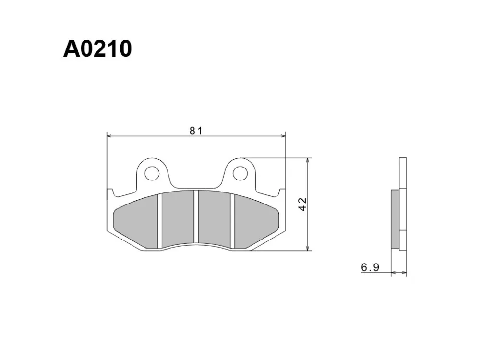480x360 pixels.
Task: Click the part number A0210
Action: point(97,49)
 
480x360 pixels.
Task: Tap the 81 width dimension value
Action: point(196,131)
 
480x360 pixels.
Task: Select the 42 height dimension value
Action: point(302,204)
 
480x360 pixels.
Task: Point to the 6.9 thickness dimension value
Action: point(370,267)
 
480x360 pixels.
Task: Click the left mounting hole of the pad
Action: point(152,174)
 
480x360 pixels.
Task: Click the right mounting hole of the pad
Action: point(240,174)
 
